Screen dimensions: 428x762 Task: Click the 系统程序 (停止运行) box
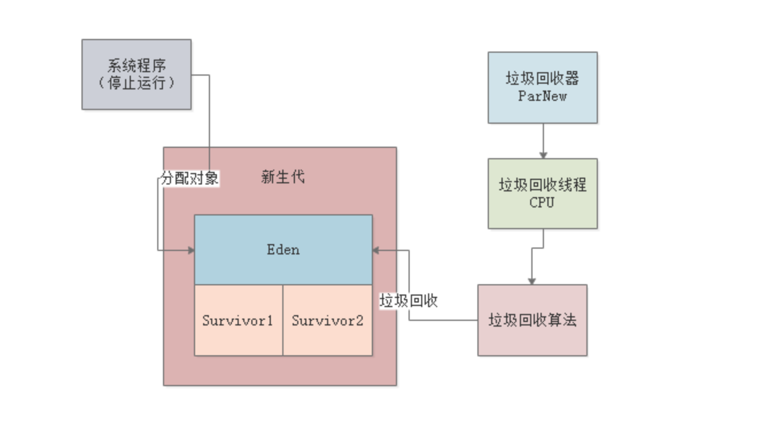pos(137,74)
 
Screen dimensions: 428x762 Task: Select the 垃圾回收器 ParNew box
pos(542,87)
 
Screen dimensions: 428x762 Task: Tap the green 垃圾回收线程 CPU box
pos(542,194)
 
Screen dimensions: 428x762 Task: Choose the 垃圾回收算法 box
pos(532,320)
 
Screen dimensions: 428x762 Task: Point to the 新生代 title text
pos(283,178)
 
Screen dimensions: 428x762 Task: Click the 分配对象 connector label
pos(189,178)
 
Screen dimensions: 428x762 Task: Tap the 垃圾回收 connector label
pos(409,301)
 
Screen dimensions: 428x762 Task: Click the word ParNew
pos(542,96)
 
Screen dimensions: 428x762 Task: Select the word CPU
pos(542,202)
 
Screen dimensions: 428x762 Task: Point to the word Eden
pos(283,250)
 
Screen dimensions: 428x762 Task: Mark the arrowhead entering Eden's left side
pos(191,250)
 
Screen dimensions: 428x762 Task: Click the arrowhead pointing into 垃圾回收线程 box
pos(543,155)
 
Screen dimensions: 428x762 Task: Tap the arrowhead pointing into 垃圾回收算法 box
pos(532,281)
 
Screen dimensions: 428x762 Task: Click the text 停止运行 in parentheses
pos(137,83)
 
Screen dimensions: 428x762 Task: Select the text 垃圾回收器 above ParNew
pos(542,78)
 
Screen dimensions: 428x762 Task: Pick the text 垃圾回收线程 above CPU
pos(542,185)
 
